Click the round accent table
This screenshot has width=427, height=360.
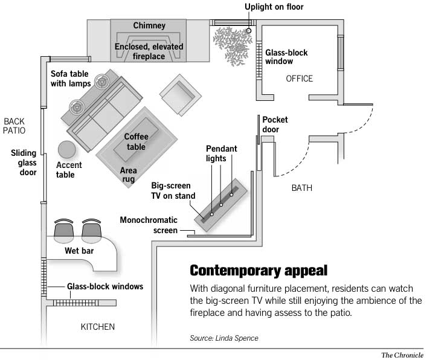pos(66,150)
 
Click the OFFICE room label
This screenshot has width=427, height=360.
pos(299,79)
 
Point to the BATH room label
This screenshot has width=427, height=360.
pos(302,188)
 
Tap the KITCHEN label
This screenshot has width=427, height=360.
pos(98,327)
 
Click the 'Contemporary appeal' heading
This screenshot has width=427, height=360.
pos(258,269)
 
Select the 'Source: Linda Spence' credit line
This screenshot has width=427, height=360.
pos(224,338)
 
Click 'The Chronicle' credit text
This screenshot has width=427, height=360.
pos(401,355)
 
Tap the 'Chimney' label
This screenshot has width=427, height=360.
pos(149,27)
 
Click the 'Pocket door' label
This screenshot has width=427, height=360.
pos(275,124)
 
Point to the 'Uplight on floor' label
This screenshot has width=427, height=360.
pos(274,7)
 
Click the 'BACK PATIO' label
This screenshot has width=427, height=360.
pos(14,125)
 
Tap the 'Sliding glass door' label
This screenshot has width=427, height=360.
pos(24,163)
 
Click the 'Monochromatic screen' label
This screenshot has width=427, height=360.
pos(148,225)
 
